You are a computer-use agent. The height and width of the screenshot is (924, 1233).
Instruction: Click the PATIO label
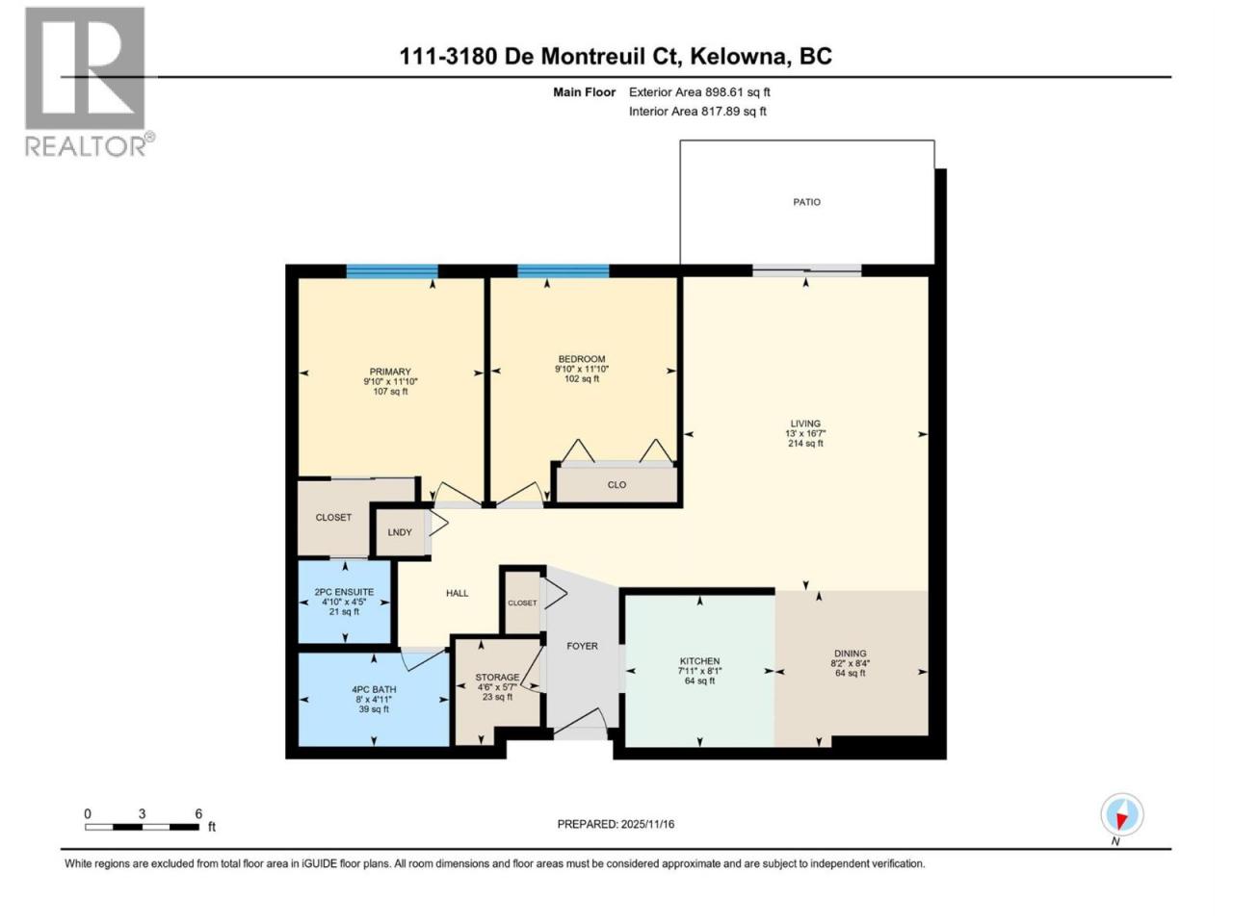click(x=806, y=202)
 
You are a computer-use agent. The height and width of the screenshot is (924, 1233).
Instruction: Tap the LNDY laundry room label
click(x=400, y=532)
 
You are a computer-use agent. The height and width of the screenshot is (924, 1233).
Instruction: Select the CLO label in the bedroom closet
click(x=616, y=485)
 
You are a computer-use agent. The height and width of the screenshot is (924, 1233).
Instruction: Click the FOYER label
click(x=582, y=646)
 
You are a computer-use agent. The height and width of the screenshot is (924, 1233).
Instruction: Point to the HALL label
click(x=457, y=593)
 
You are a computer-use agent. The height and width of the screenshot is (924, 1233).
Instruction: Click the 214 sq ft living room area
click(x=805, y=443)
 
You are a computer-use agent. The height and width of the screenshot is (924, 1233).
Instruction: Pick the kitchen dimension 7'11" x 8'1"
click(x=699, y=671)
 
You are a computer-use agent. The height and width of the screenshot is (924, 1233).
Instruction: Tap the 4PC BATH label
click(x=374, y=689)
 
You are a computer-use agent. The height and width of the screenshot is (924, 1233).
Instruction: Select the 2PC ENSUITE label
click(x=344, y=592)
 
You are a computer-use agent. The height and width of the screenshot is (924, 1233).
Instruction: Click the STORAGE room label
click(x=497, y=678)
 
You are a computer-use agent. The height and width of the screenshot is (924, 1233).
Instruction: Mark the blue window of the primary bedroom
click(x=391, y=271)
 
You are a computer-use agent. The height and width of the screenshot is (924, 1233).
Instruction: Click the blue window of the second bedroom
click(x=563, y=271)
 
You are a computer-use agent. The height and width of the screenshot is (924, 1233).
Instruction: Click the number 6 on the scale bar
click(x=198, y=813)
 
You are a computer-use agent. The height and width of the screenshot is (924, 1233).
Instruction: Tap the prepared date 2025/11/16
click(x=647, y=824)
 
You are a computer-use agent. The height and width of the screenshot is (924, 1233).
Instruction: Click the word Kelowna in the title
click(x=737, y=57)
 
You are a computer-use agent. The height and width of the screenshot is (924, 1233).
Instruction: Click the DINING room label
click(x=850, y=654)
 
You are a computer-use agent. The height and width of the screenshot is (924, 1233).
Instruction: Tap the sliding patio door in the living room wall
click(x=806, y=271)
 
